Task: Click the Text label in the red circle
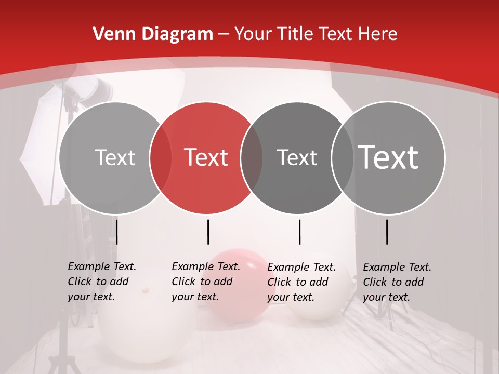pyautogui.click(x=206, y=157)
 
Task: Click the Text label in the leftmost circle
pyautogui.click(x=115, y=157)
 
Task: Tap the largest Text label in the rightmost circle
pyautogui.click(x=388, y=157)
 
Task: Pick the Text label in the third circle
pyautogui.click(x=297, y=157)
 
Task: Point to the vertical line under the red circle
pyautogui.click(x=208, y=232)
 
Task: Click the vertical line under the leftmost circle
pyautogui.click(x=117, y=232)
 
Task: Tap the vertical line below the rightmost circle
pyautogui.click(x=387, y=232)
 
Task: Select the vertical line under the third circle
pyautogui.click(x=299, y=232)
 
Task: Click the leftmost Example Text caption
pyautogui.click(x=101, y=282)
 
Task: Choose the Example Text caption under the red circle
pyautogui.click(x=205, y=282)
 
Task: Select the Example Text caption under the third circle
pyautogui.click(x=301, y=282)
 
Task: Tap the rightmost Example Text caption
pyautogui.click(x=397, y=282)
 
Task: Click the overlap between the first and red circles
pyautogui.click(x=161, y=157)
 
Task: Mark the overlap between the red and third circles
pyautogui.click(x=252, y=157)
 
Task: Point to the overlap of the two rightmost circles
pyautogui.click(x=343, y=157)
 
